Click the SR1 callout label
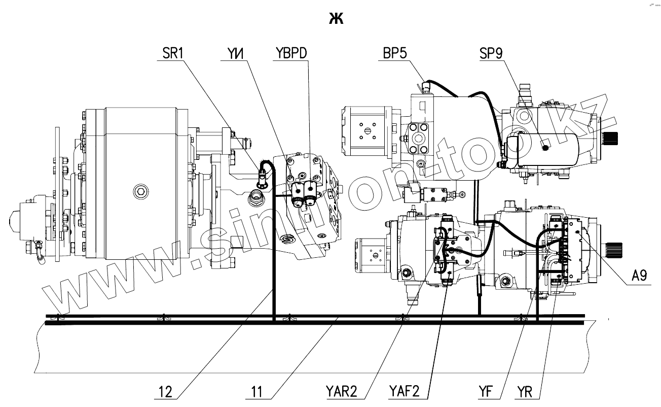(x=173, y=53)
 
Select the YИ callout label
(x=236, y=53)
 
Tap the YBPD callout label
(x=291, y=53)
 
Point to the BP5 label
(x=395, y=53)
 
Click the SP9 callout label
(x=491, y=53)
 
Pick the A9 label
(x=639, y=275)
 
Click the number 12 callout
(x=165, y=392)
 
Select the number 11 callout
(x=256, y=392)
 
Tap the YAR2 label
(x=342, y=391)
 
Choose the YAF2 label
(x=405, y=391)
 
